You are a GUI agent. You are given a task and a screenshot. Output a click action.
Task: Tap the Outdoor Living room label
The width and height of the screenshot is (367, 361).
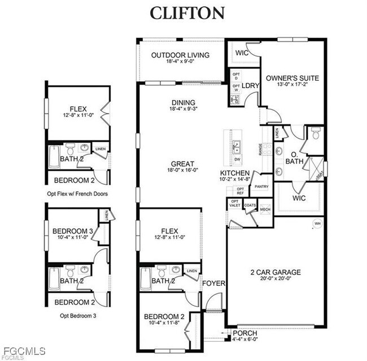[180, 55]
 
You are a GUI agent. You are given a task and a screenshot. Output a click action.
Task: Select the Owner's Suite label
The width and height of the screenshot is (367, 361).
[292, 78]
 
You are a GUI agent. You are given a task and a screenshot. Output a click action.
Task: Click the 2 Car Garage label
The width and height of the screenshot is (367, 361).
[275, 272]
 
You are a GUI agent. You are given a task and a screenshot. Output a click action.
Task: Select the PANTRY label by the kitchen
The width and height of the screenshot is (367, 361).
[261, 186]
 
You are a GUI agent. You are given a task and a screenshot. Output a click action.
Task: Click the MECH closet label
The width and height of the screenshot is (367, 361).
[265, 210]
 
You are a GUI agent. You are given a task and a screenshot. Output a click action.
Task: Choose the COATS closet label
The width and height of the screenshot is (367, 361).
[250, 205]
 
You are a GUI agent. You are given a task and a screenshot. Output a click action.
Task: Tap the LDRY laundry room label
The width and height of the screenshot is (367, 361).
[251, 86]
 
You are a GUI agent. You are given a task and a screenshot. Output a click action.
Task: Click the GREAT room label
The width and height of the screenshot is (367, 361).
[182, 164]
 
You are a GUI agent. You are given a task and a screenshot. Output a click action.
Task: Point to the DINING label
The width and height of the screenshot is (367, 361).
[183, 102]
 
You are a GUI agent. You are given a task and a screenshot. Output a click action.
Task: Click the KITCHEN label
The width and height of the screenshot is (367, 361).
[235, 173]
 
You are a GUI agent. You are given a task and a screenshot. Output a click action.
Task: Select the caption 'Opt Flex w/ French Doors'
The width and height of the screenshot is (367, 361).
[78, 193]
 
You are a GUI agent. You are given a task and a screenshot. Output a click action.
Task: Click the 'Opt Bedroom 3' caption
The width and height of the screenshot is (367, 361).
[77, 315]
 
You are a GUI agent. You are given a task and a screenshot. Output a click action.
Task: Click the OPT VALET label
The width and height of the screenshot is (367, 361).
[235, 203]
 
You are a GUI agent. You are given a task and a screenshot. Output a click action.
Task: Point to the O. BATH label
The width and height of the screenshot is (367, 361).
[298, 158]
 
